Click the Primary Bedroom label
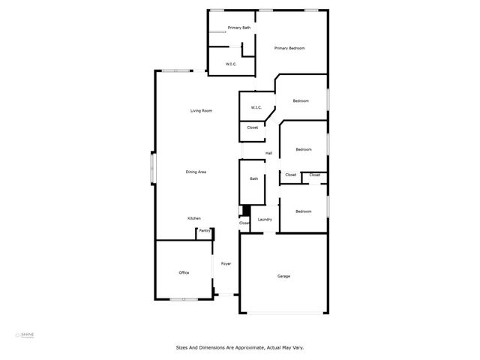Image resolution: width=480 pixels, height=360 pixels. [x=289, y=48]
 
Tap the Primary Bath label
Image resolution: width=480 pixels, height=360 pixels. [x=239, y=28]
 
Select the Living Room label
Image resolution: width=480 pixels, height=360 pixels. [x=201, y=111]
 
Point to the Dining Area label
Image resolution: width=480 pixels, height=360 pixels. [x=196, y=172]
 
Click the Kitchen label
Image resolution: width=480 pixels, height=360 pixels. [x=194, y=218]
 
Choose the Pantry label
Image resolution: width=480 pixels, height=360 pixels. [x=204, y=231]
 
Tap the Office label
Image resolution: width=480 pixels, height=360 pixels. [x=184, y=272]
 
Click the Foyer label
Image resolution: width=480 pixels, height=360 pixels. [x=225, y=264]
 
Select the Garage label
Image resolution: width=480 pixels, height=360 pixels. [x=283, y=276]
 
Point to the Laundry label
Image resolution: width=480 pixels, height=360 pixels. [x=265, y=220]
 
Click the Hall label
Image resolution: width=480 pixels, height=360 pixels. [x=268, y=154]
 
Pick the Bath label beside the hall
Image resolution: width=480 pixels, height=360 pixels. [x=254, y=178]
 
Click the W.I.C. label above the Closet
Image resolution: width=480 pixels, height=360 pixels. [x=256, y=108]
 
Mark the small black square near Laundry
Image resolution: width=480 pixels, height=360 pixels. [x=242, y=211]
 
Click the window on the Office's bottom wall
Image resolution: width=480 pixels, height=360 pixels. [x=183, y=299]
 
